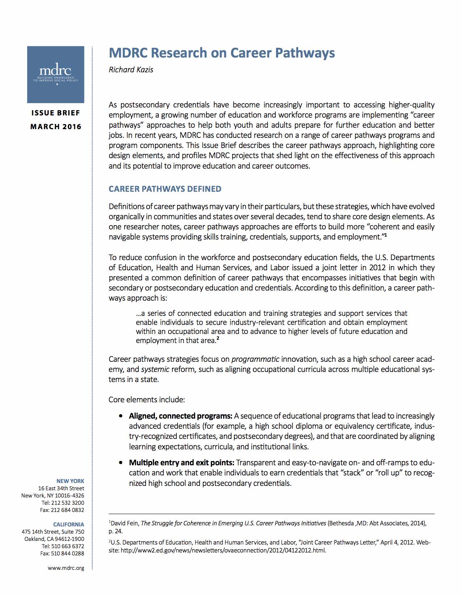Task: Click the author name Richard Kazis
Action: pos(131,69)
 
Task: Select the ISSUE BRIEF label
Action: pos(55,113)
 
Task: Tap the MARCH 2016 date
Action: pos(55,127)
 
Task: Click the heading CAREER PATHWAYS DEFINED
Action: pos(165,189)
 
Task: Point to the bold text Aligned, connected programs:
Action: pos(180,416)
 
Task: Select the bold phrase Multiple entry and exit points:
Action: pos(182,463)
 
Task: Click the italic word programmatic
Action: pos(255,359)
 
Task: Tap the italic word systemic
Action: pos(155,369)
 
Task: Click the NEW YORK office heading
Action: pos(70,481)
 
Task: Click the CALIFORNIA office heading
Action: pos(68,525)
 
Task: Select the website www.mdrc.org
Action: pos(66,568)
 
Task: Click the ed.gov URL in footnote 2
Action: pos(223,551)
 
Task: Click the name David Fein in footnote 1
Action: pos(125,523)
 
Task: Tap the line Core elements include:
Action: pos(147,400)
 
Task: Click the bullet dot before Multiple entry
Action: pos(121,463)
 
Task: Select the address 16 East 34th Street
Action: pos(61,488)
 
